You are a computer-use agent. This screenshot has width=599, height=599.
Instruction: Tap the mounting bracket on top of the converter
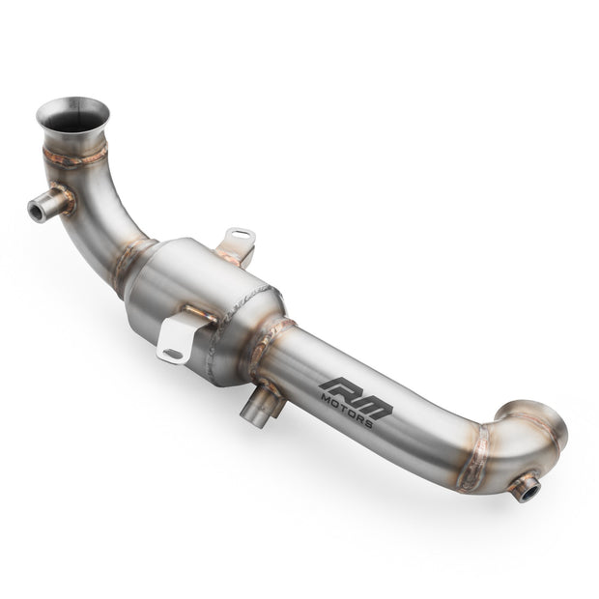pos(236,243)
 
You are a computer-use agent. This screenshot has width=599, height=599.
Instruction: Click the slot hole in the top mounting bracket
pos(239,236)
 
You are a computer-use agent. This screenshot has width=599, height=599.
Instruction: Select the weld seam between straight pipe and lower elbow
pos(475,454)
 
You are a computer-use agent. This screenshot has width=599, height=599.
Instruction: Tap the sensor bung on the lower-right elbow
pos(526,487)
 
